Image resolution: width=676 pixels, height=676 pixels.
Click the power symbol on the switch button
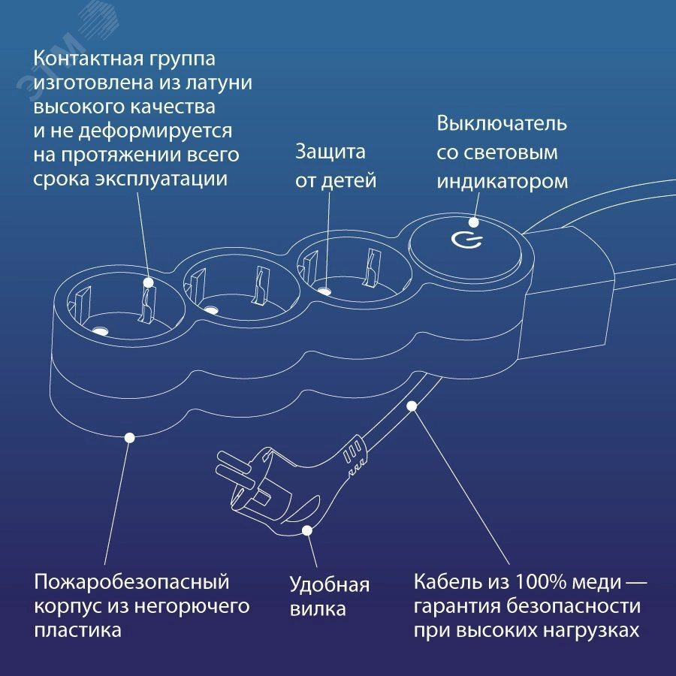(x=467, y=241)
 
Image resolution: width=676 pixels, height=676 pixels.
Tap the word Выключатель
(x=502, y=123)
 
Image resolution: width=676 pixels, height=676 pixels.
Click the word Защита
(x=330, y=152)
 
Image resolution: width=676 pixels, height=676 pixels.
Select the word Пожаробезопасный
(x=131, y=583)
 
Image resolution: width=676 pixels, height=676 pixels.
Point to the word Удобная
(x=330, y=584)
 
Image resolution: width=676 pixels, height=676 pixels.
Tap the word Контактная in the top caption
(x=89, y=59)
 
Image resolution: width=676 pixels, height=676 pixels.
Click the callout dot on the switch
(x=474, y=222)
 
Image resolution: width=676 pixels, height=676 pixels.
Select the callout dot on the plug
(x=307, y=530)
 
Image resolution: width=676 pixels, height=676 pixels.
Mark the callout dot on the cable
(x=412, y=406)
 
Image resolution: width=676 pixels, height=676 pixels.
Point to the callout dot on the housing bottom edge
(x=129, y=438)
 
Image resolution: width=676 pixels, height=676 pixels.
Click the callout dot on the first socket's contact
(x=148, y=283)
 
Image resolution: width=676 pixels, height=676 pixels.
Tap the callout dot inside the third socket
(x=324, y=291)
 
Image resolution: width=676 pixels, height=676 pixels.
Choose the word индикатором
(x=502, y=182)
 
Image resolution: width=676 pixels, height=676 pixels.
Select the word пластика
(x=77, y=631)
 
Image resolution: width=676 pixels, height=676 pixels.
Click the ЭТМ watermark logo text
(x=52, y=69)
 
